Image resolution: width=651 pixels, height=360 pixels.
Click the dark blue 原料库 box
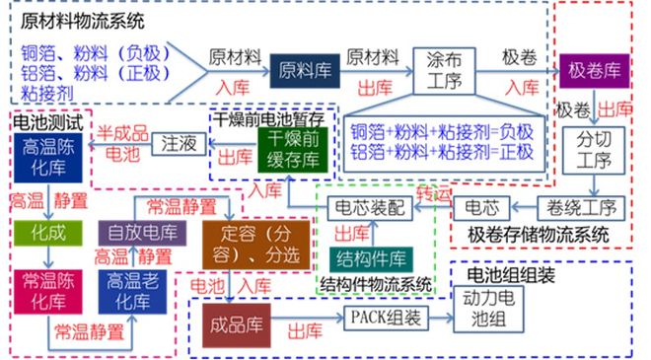(x=305, y=71)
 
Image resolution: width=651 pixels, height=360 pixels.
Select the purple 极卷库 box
(x=594, y=71)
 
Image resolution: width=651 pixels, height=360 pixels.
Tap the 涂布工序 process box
(x=444, y=71)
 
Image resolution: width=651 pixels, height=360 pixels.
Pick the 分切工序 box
(x=594, y=150)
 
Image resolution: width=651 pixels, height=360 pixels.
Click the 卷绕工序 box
(x=581, y=208)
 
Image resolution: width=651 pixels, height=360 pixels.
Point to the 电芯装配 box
(x=370, y=208)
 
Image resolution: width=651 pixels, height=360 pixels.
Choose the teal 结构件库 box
(x=371, y=260)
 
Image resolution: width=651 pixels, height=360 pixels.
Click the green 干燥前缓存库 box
(x=293, y=150)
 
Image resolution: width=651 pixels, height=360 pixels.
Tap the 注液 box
(x=179, y=144)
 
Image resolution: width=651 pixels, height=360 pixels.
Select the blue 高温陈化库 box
(x=48, y=158)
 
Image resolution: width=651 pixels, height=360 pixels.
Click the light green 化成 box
(x=48, y=233)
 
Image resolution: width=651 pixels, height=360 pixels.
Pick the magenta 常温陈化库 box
(x=48, y=292)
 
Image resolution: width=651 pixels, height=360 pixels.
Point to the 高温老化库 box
(x=132, y=292)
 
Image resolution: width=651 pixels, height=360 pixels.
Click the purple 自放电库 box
(x=142, y=233)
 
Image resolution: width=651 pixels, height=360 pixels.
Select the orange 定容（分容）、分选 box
(x=256, y=245)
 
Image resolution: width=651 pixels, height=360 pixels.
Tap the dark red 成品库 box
(x=237, y=325)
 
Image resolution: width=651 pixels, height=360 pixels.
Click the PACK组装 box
(x=386, y=319)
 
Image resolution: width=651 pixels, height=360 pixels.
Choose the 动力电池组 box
(x=488, y=310)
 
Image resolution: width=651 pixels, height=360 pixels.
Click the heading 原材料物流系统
(x=83, y=21)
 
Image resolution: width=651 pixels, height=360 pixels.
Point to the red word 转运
(x=433, y=194)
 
